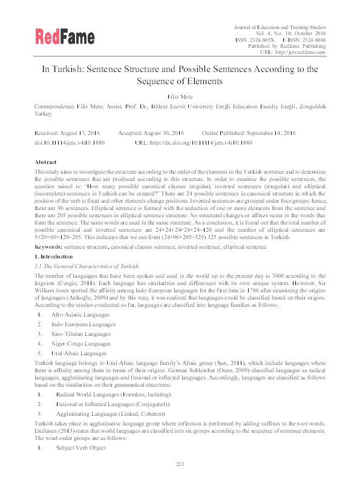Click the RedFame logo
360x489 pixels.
point(61,38)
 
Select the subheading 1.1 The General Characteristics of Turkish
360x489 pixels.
point(78,266)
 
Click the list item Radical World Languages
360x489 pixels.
point(98,395)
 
